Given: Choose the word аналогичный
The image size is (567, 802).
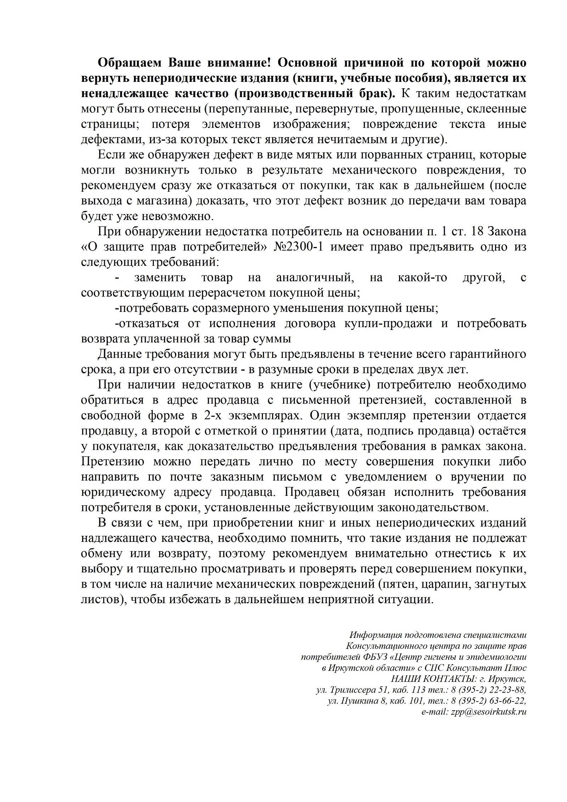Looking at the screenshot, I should pos(315,277).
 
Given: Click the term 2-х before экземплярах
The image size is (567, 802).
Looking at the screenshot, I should pos(207,415).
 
